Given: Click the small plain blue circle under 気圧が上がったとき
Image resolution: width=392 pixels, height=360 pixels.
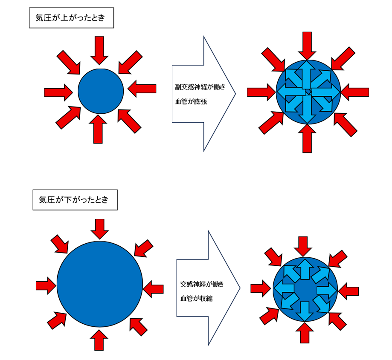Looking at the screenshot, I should coord(101,91).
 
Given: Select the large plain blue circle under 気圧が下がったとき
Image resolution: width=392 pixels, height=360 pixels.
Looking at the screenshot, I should coord(99,285).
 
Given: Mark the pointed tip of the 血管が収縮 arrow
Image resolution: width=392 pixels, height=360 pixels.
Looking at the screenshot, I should coord(239,288).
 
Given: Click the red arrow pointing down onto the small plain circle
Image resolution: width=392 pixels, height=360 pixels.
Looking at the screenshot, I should coord(99,49).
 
